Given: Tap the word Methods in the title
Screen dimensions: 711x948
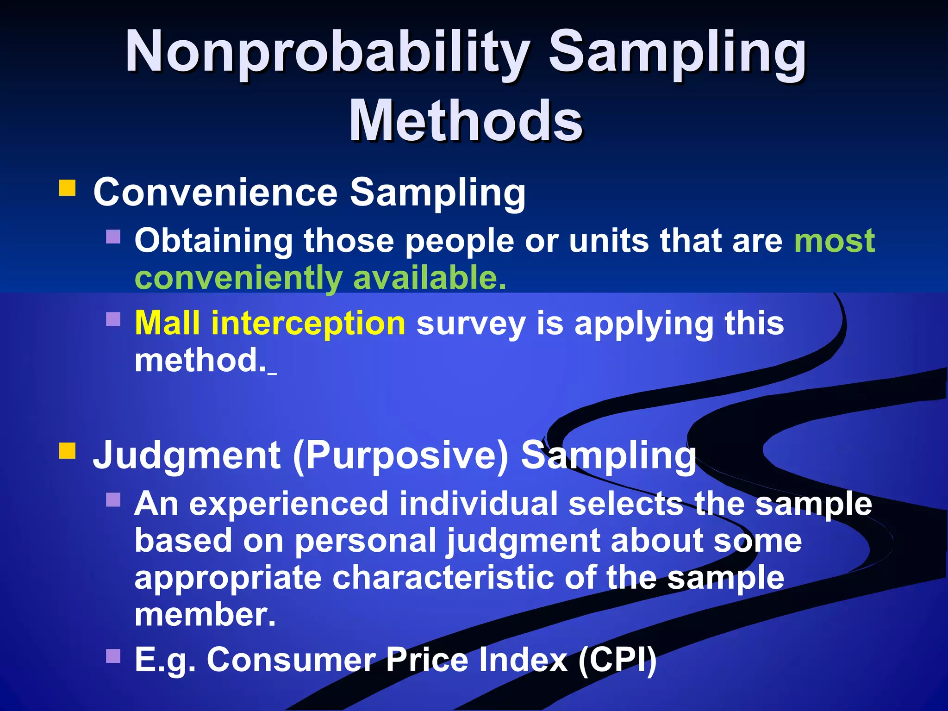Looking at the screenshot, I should pos(466,121).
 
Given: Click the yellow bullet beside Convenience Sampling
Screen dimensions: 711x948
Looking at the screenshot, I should pos(67,189).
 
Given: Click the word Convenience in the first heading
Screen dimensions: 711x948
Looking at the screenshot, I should pos(215,192).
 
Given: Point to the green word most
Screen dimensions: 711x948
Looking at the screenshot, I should pos(834,241).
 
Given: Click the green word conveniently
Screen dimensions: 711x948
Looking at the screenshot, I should pos(238,278).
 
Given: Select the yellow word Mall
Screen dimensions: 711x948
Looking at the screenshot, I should pos(167,323).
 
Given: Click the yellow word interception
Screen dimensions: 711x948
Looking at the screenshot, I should pos(308,323).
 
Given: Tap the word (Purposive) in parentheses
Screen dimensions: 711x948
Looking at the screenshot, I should pos(401,456).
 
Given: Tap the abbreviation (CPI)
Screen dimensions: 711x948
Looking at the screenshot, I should pos(617,660).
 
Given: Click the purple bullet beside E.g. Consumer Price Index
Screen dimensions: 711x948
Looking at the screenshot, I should pos(113,656).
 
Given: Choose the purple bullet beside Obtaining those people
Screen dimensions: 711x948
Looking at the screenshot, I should pos(113,237).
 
